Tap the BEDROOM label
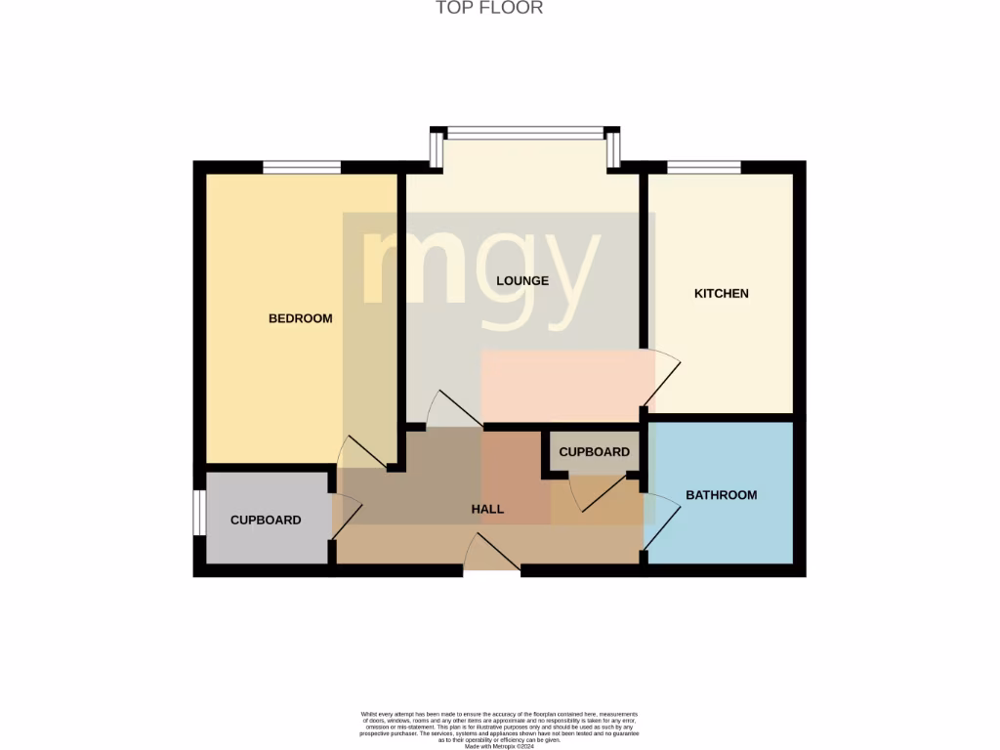[301, 318]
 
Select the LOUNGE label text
[522, 280]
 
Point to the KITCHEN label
[721, 293]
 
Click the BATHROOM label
[721, 495]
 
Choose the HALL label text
[487, 509]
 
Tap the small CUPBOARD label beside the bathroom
[594, 452]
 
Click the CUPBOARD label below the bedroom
[266, 521]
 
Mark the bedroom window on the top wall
[302, 168]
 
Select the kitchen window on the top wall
[703, 168]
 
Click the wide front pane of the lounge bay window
[526, 133]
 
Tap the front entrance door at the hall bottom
[492, 554]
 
